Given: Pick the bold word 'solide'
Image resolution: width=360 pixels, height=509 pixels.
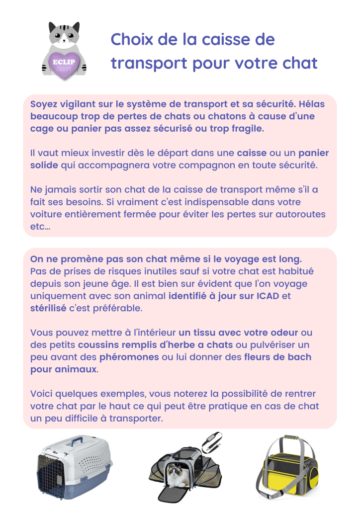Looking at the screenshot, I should point(44,165).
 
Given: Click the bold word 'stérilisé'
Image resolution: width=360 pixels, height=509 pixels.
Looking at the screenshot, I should point(49,308).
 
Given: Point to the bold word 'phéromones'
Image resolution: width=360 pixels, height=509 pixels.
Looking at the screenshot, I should point(128,357).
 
